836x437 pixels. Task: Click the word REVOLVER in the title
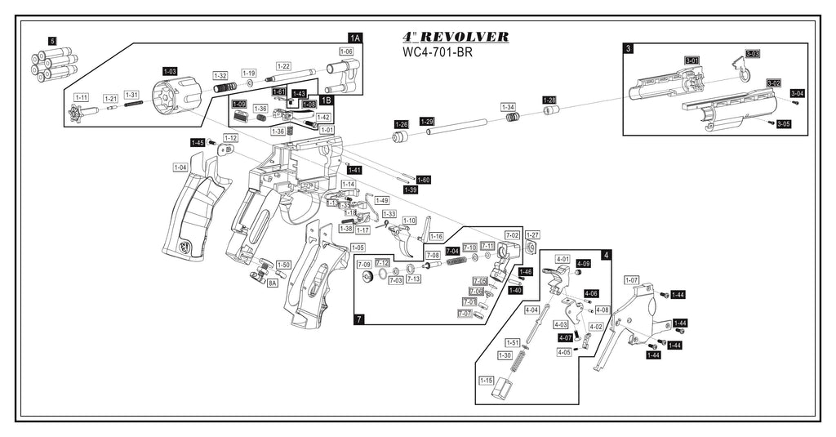467,38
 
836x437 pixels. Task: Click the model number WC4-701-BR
438,54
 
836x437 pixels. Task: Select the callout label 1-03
170,72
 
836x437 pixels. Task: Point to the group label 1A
354,38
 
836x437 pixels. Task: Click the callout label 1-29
427,121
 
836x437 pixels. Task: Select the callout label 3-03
752,54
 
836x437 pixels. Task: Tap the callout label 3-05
783,124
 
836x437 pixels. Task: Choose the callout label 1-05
357,247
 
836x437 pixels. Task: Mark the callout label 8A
272,283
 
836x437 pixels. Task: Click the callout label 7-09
364,264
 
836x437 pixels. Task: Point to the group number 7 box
360,319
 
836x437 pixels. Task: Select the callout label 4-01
563,259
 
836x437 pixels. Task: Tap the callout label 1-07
631,280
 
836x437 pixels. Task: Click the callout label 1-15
486,381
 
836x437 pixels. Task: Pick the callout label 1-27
532,234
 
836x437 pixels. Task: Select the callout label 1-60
423,180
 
